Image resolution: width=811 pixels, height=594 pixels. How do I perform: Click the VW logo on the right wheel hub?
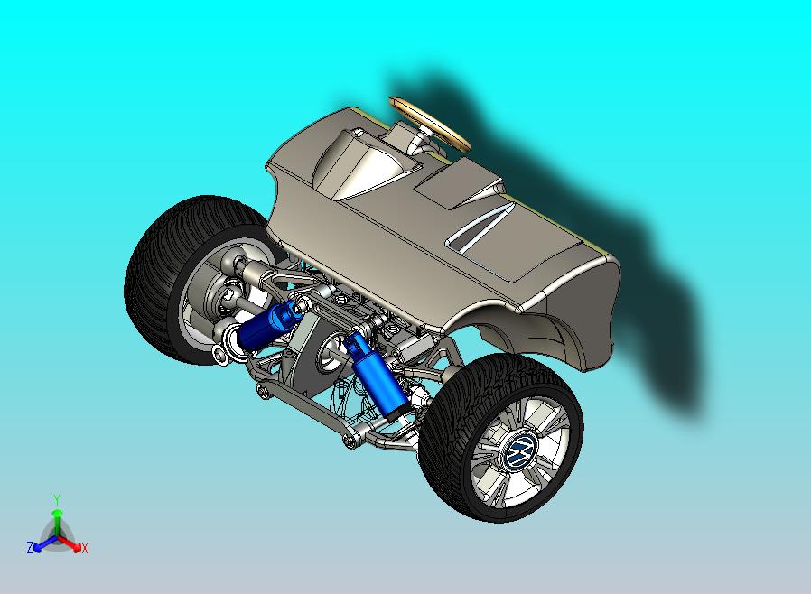click(x=521, y=450)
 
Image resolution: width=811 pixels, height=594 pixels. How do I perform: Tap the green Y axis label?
click(x=57, y=499)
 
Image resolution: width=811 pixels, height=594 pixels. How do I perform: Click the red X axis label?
click(x=84, y=548)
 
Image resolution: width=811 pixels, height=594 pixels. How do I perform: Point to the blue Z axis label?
click(x=30, y=547)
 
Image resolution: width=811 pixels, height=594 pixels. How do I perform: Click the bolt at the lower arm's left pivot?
click(x=261, y=390)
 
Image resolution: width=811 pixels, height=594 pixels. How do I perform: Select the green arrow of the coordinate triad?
click(x=57, y=519)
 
